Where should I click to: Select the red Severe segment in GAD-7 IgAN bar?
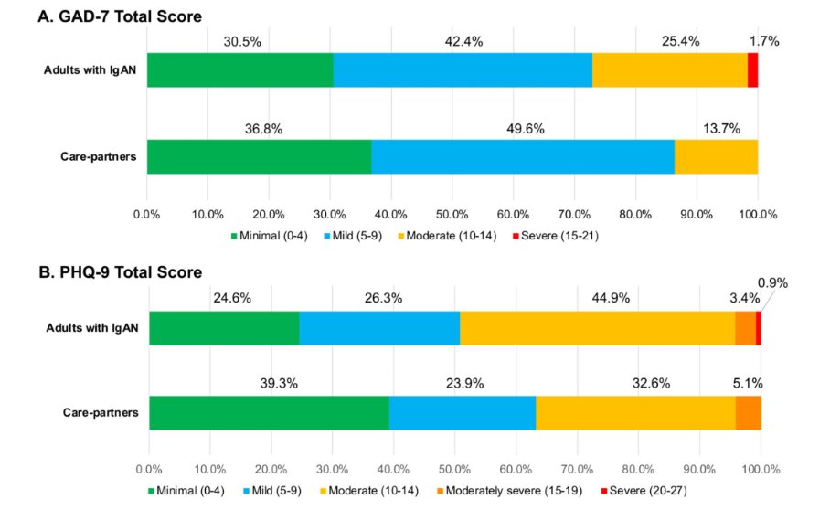752,69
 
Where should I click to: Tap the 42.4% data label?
463,41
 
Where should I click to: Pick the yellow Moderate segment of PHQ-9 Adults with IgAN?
597,328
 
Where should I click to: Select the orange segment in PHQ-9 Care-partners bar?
748,412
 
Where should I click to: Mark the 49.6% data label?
525,129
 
